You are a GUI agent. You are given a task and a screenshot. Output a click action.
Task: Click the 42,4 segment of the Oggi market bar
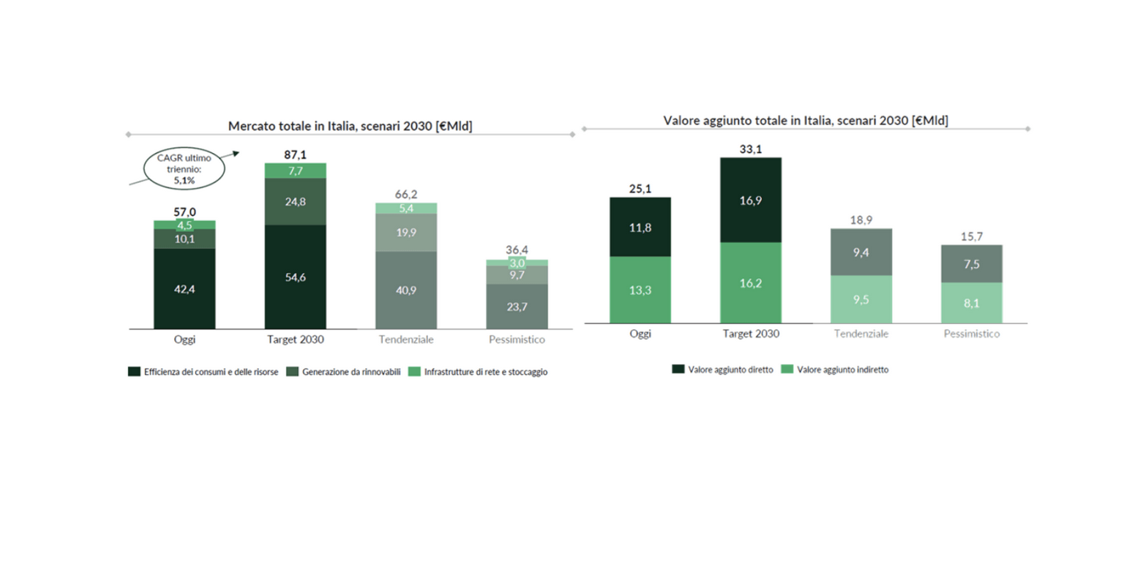(184, 288)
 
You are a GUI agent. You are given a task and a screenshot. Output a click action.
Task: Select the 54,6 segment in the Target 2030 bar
(295, 276)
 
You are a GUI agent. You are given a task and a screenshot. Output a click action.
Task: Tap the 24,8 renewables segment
(295, 201)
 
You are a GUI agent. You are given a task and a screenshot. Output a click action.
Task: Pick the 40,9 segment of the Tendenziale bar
(405, 289)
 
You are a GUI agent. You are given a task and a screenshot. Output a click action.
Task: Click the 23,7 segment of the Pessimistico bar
(517, 306)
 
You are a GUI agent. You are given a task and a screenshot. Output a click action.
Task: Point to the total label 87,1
(295, 155)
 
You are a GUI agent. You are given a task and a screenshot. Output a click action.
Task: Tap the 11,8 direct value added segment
(640, 227)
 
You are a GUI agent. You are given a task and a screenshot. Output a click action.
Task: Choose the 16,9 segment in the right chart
(750, 200)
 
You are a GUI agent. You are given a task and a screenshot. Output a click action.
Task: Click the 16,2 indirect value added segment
(750, 283)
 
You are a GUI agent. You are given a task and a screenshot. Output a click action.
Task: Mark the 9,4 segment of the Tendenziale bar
(861, 252)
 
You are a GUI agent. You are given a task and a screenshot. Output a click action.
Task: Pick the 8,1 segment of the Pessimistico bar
(971, 302)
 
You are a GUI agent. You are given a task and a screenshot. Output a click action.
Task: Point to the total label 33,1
(750, 150)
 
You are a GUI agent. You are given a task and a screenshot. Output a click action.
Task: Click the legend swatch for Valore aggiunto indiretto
(789, 370)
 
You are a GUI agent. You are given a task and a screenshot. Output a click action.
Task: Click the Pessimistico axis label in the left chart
(517, 340)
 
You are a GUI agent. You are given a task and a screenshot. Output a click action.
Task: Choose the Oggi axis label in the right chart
(640, 333)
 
